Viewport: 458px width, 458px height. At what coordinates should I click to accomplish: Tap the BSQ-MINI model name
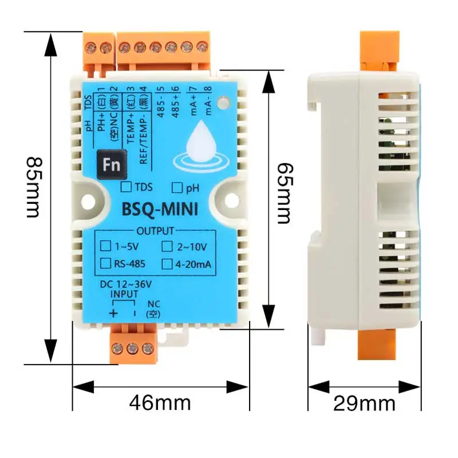(160, 210)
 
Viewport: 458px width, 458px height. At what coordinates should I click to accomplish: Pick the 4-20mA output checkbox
(167, 263)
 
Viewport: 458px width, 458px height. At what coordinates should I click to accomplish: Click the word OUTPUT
(155, 232)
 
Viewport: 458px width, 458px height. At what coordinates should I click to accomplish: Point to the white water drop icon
(200, 142)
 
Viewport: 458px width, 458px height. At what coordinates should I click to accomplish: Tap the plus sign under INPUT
(113, 313)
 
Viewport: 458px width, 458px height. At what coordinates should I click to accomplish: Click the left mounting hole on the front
(87, 200)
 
